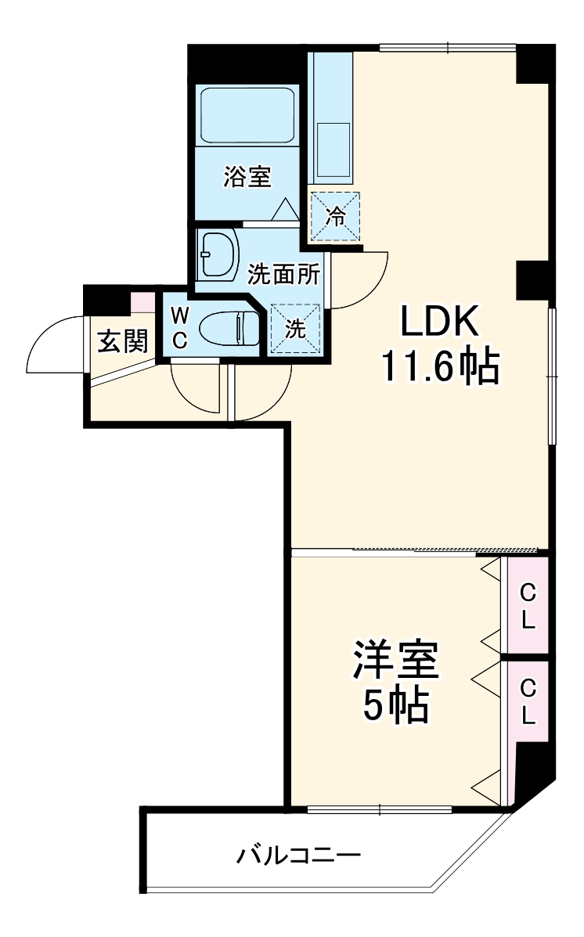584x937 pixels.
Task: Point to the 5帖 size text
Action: point(395,707)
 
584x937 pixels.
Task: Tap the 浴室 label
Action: point(247,177)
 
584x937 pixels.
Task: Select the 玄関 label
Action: point(122,341)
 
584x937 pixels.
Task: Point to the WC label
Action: point(179,329)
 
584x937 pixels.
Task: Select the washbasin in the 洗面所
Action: point(218,254)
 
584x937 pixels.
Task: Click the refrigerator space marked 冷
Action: point(335,216)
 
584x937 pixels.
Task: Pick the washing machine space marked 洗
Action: point(294,329)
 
